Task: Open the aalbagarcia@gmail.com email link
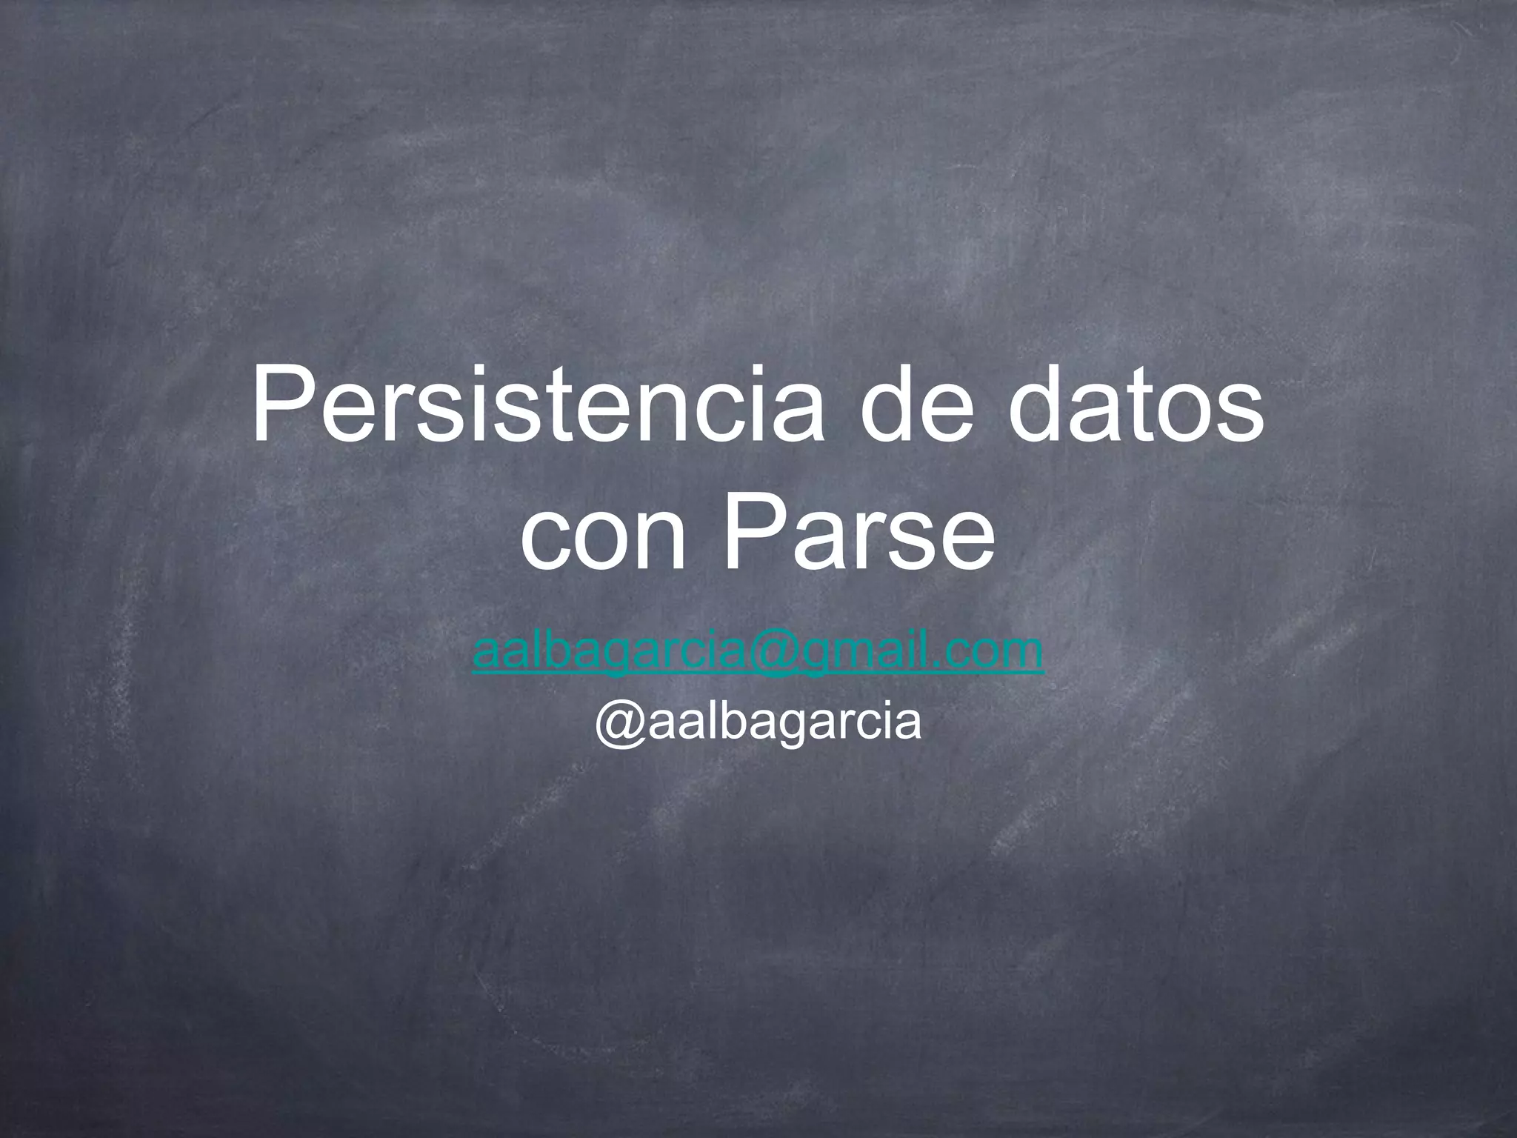(758, 652)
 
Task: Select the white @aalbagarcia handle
(758, 722)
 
